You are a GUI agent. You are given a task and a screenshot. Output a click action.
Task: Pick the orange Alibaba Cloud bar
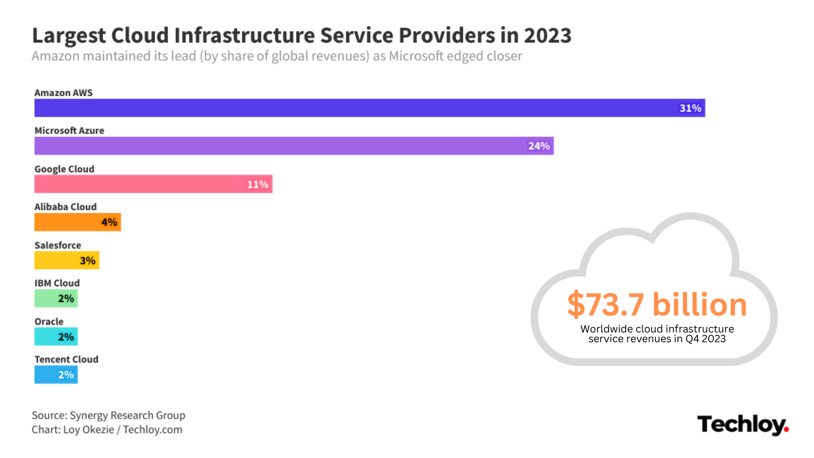coord(68,222)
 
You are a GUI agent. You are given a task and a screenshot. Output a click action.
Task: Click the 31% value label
coord(690,108)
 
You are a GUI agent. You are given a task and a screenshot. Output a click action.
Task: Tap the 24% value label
coord(539,146)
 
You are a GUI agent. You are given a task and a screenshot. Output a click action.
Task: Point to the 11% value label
coord(258,184)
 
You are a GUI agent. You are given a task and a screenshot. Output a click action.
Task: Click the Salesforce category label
coord(58,245)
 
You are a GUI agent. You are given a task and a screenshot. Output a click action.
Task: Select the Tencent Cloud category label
coord(67,359)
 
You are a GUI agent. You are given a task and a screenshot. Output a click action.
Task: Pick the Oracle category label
coord(49,321)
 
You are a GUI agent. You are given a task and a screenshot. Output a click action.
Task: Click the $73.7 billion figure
coord(657,304)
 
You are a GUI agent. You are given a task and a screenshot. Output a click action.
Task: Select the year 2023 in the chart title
coord(548,35)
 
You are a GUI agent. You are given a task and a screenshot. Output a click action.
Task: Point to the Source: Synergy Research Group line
coord(109,415)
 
